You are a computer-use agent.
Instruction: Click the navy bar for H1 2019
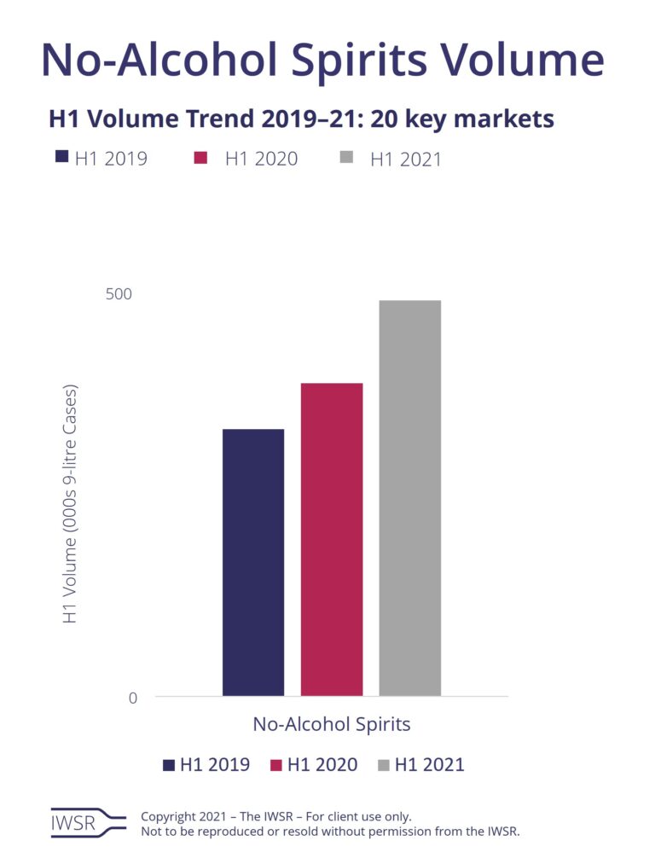(253, 562)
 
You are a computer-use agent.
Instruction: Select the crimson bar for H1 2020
(332, 539)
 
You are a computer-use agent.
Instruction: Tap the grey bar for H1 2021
(409, 498)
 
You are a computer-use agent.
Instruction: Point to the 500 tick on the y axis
(119, 294)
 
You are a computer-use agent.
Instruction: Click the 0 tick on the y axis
(132, 698)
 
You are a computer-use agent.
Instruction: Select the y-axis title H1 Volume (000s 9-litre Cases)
(71, 503)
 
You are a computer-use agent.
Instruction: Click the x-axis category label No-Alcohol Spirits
(331, 725)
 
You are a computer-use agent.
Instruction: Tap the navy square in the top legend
(61, 157)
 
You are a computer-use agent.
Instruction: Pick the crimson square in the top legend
(201, 157)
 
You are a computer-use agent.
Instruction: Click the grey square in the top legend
(346, 157)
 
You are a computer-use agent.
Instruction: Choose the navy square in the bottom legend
(169, 765)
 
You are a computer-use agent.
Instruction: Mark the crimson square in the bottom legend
(276, 765)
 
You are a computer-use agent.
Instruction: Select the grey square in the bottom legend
(384, 765)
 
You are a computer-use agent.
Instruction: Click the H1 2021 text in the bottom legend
(429, 765)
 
